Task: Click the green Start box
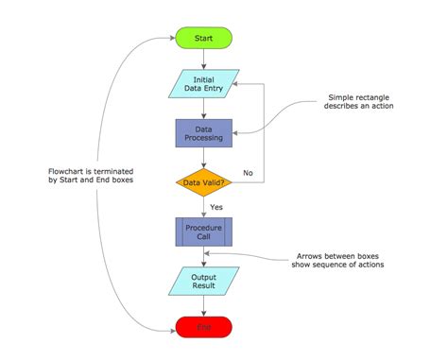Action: [203, 38]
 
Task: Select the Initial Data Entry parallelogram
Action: [203, 84]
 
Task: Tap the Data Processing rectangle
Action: [203, 132]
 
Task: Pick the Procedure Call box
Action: [203, 231]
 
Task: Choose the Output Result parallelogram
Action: [203, 282]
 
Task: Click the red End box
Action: [203, 327]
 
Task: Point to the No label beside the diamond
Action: [248, 173]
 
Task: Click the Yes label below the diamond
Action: [216, 205]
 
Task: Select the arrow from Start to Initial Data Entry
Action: [203, 59]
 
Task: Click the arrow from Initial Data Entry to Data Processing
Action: [203, 108]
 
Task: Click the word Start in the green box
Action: [203, 38]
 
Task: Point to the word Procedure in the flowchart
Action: [203, 227]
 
